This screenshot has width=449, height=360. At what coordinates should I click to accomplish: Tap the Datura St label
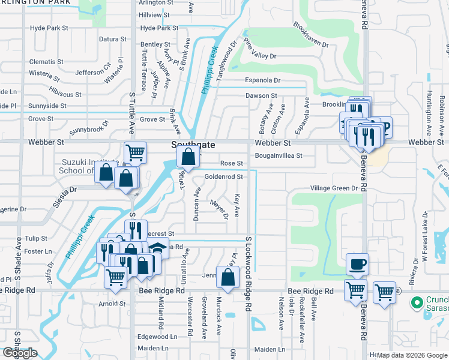[x=112, y=39]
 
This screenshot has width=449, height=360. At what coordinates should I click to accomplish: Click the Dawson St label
[x=261, y=95]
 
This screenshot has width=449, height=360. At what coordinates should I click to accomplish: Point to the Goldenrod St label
[x=223, y=177]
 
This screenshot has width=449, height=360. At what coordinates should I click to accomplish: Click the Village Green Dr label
[x=334, y=188]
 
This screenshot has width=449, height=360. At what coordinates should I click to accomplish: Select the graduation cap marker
[x=158, y=247]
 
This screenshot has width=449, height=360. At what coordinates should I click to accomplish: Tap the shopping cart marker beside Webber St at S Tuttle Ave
[x=136, y=152]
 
